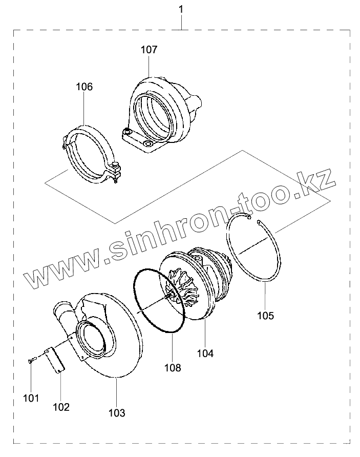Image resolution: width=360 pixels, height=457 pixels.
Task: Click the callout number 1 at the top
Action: click(180, 9)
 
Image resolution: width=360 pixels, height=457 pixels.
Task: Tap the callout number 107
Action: click(149, 50)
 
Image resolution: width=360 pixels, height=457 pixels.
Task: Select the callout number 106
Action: click(84, 87)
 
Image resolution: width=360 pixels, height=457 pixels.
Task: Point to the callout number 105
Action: click(265, 316)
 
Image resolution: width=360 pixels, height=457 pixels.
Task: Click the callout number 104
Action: click(205, 353)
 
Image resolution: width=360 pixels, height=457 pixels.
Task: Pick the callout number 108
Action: click(173, 367)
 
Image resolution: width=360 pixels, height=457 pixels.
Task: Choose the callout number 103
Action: click(117, 412)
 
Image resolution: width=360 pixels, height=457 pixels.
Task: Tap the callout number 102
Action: click(61, 407)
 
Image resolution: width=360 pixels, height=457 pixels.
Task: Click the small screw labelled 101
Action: click(31, 361)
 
